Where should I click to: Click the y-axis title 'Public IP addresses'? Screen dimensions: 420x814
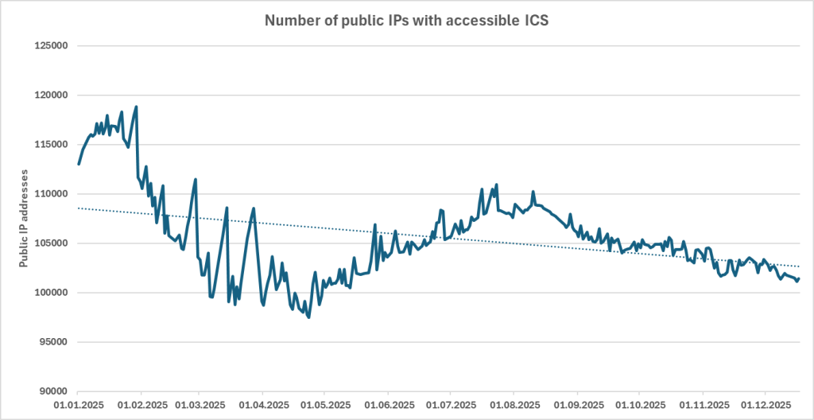tap(25, 218)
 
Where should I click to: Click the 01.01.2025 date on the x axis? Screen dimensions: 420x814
tap(78, 405)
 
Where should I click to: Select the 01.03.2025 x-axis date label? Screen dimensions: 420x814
tap(199, 405)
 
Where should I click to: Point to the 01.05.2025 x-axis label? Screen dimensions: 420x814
tap(324, 405)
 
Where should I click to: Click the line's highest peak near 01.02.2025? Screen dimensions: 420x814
tap(137, 107)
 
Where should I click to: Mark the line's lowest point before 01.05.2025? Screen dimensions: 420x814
tap(308, 317)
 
